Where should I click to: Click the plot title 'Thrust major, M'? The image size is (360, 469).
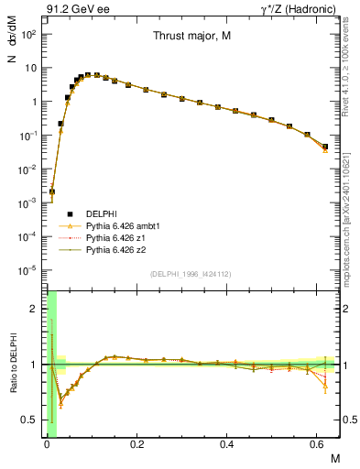coord(191,38)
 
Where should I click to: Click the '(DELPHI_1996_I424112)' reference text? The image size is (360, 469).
coord(191,274)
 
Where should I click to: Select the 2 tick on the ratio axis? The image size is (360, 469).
coord(35,310)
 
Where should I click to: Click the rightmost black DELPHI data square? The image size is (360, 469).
coord(325,147)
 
